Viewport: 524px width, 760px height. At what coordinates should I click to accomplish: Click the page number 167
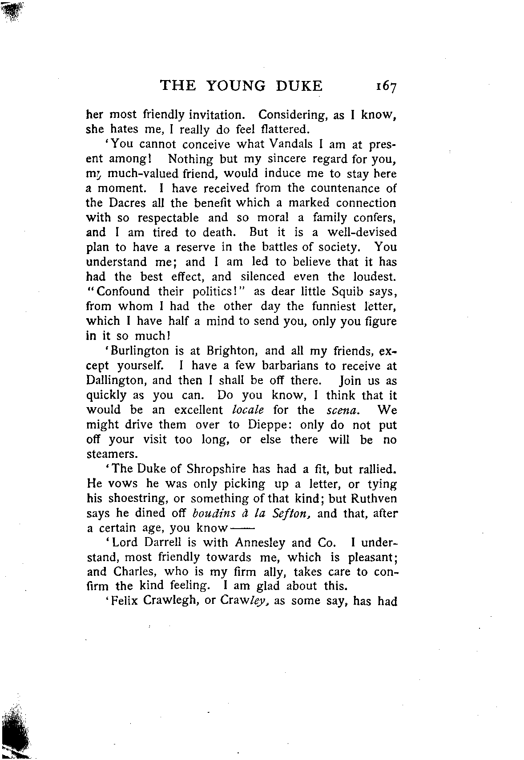point(385,86)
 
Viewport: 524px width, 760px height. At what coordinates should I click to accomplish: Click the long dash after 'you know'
point(242,529)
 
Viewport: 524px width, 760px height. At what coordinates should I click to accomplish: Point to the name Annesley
point(260,543)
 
